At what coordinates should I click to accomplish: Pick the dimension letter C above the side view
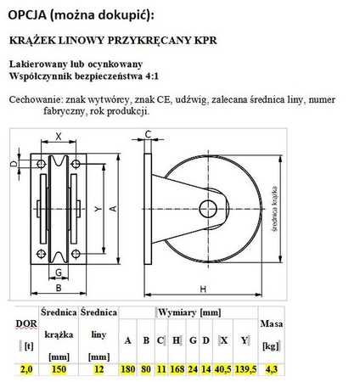(148, 134)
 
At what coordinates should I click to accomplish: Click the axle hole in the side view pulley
(206, 206)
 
